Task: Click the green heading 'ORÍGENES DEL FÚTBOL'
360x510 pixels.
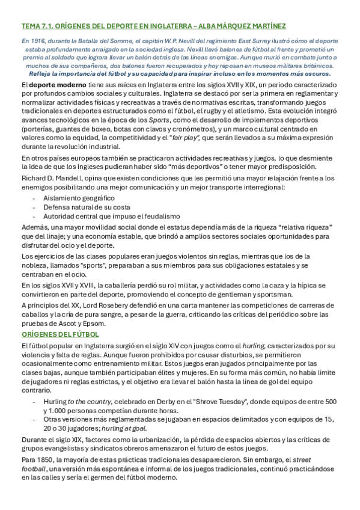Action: [60, 334]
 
